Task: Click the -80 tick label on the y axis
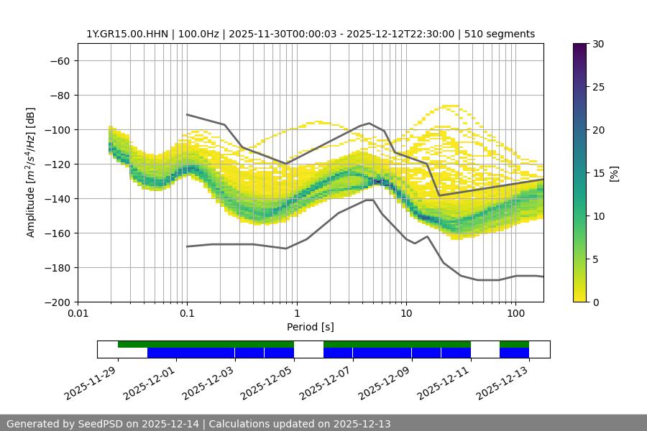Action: pos(59,95)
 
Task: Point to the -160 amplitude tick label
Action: pos(56,233)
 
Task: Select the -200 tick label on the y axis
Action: pos(56,302)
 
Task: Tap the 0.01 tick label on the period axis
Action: pos(78,314)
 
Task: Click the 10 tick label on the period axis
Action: pos(406,314)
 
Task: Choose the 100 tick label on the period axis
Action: pos(515,314)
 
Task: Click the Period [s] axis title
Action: pos(310,327)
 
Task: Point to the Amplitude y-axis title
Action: pos(31,172)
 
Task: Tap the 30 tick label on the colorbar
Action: pos(597,44)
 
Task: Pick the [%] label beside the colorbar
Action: pos(614,173)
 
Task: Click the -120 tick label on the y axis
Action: pos(56,164)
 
